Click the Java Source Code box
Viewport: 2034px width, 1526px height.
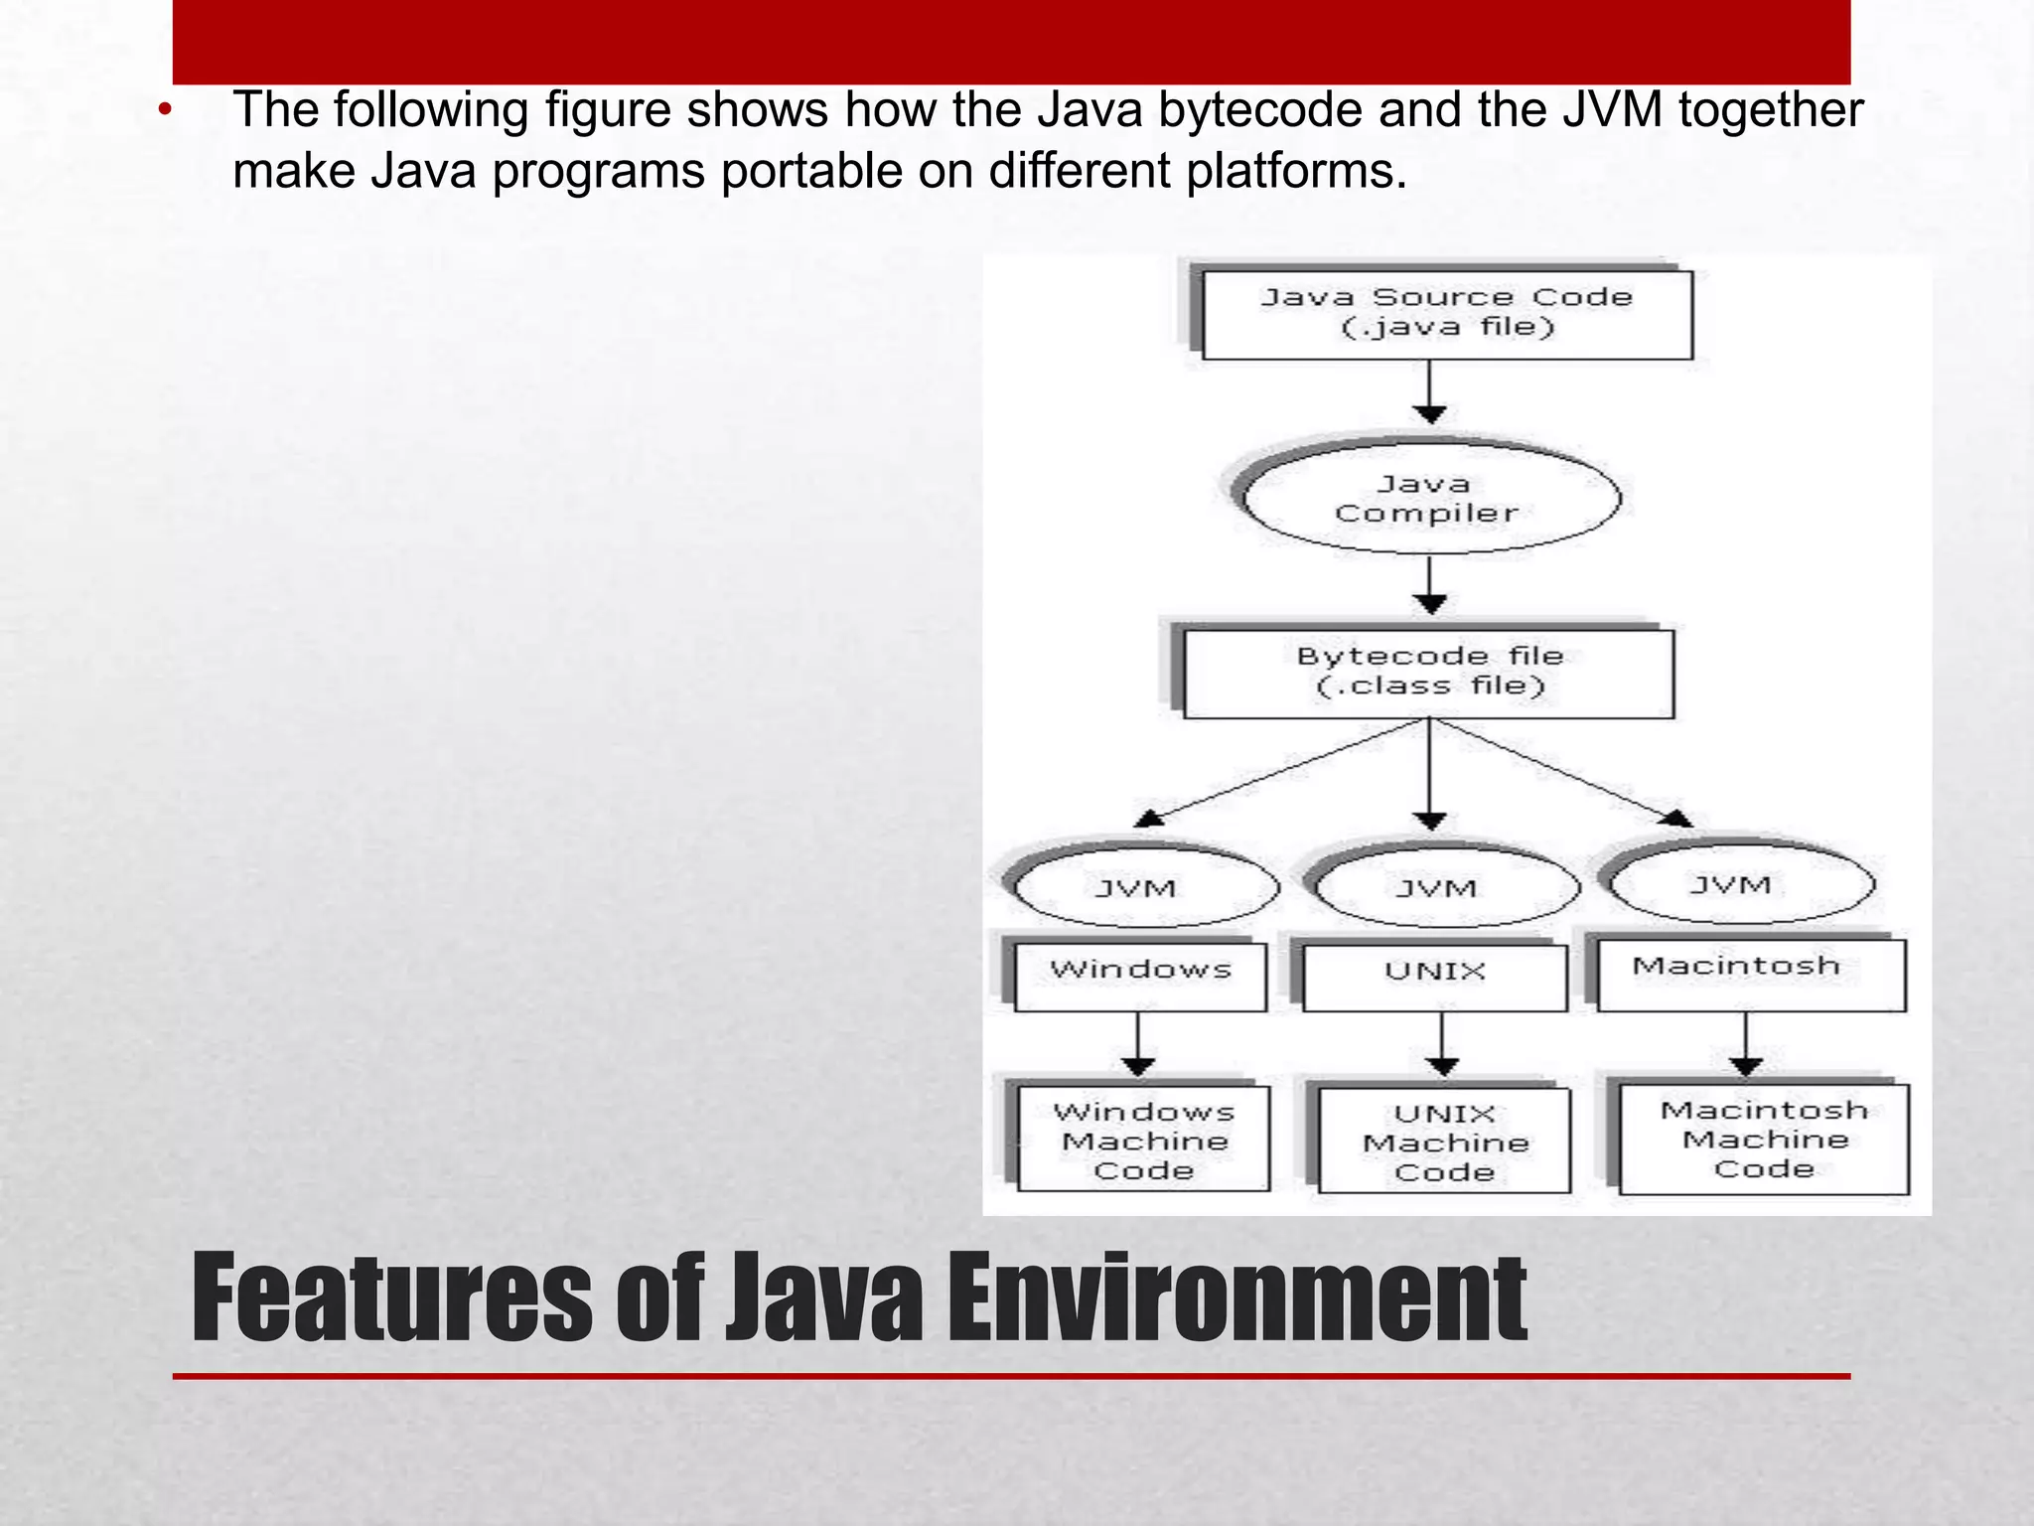pyautogui.click(x=1446, y=314)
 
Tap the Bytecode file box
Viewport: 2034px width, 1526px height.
pyautogui.click(x=1428, y=673)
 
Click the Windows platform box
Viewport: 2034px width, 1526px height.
pyautogui.click(x=1140, y=976)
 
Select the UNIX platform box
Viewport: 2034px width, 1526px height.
pyautogui.click(x=1434, y=977)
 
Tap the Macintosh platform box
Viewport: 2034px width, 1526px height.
pyautogui.click(x=1751, y=974)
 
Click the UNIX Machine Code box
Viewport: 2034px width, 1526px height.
pyautogui.click(x=1445, y=1141)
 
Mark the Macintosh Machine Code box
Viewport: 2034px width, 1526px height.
pyautogui.click(x=1764, y=1139)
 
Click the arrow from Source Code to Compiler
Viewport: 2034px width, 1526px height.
pyautogui.click(x=1429, y=391)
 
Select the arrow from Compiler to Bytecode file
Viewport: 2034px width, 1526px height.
pyautogui.click(x=1429, y=586)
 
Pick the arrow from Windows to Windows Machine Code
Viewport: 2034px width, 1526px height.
pyautogui.click(x=1138, y=1043)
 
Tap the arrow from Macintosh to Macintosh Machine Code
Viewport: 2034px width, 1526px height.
pyautogui.click(x=1746, y=1043)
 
